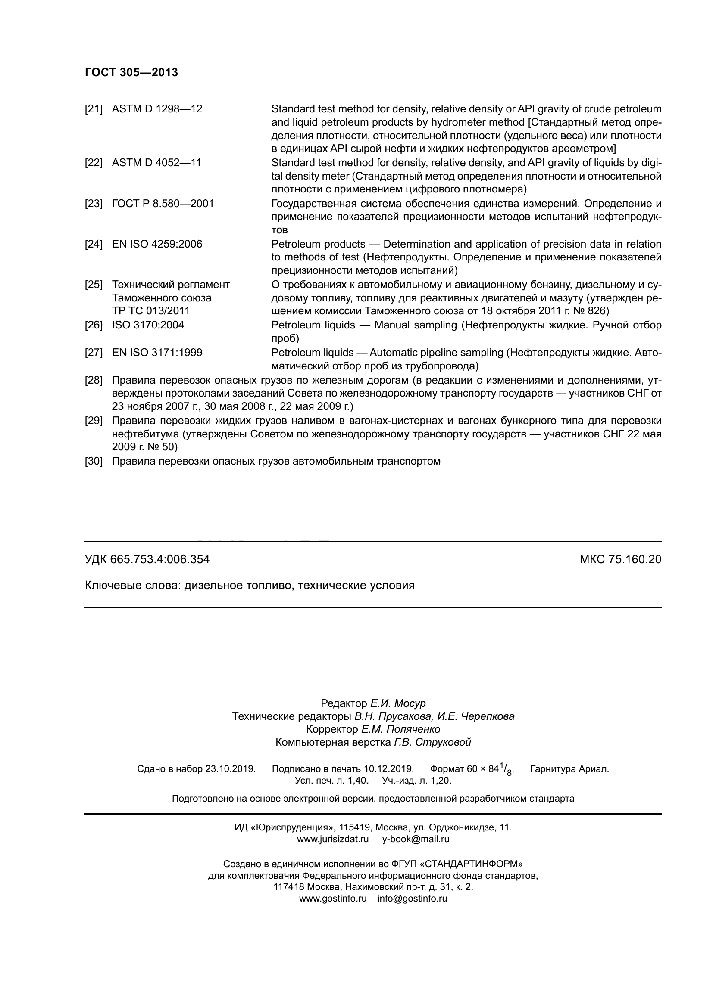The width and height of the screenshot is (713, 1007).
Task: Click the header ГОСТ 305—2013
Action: (x=131, y=73)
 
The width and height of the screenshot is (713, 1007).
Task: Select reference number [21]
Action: (x=94, y=109)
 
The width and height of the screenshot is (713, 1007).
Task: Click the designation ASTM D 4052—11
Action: (x=156, y=163)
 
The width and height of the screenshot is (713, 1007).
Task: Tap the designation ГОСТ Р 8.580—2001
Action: (x=163, y=204)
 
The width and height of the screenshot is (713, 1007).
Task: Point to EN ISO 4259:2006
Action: (x=157, y=244)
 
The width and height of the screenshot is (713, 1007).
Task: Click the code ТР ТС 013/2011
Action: (x=150, y=310)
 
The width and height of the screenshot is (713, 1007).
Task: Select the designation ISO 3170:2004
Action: (x=148, y=325)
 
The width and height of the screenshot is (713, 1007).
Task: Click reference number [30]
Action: (x=94, y=461)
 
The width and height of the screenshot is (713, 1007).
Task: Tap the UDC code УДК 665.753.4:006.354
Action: (x=147, y=559)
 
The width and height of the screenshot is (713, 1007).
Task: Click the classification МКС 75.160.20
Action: (x=620, y=559)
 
